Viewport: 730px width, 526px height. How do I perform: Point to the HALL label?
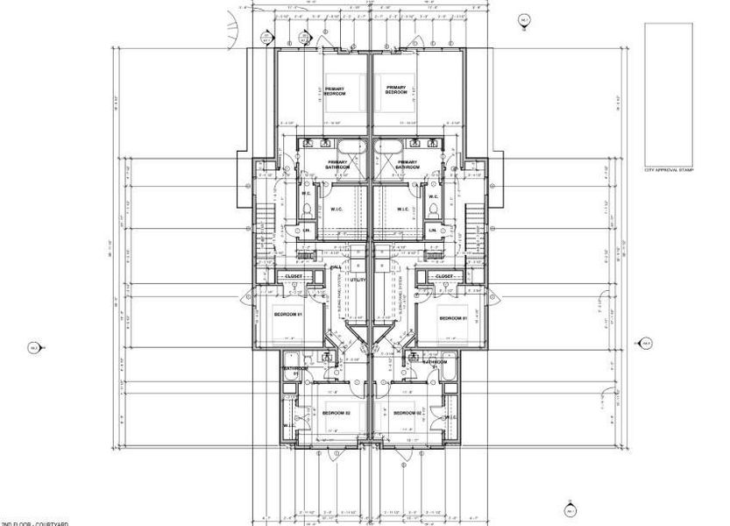tap(336, 267)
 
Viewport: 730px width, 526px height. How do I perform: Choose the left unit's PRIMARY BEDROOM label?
tap(335, 90)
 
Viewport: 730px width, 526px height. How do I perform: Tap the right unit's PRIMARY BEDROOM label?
tap(397, 90)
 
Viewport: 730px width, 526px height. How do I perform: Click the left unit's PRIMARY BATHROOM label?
tap(338, 164)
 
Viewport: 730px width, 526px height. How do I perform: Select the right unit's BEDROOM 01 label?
tap(450, 317)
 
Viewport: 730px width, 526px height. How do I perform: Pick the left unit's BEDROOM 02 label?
tap(336, 412)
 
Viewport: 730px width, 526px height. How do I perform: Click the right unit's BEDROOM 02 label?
tap(408, 412)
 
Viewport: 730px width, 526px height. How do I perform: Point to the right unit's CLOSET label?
tap(444, 277)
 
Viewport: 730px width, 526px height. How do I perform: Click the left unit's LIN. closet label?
tap(307, 231)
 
